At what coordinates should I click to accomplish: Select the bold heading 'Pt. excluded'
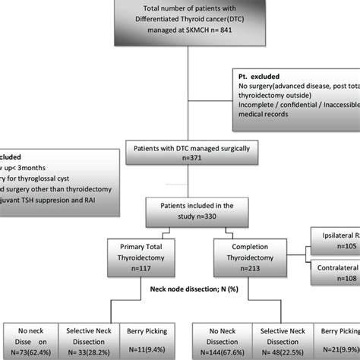click(261, 77)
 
